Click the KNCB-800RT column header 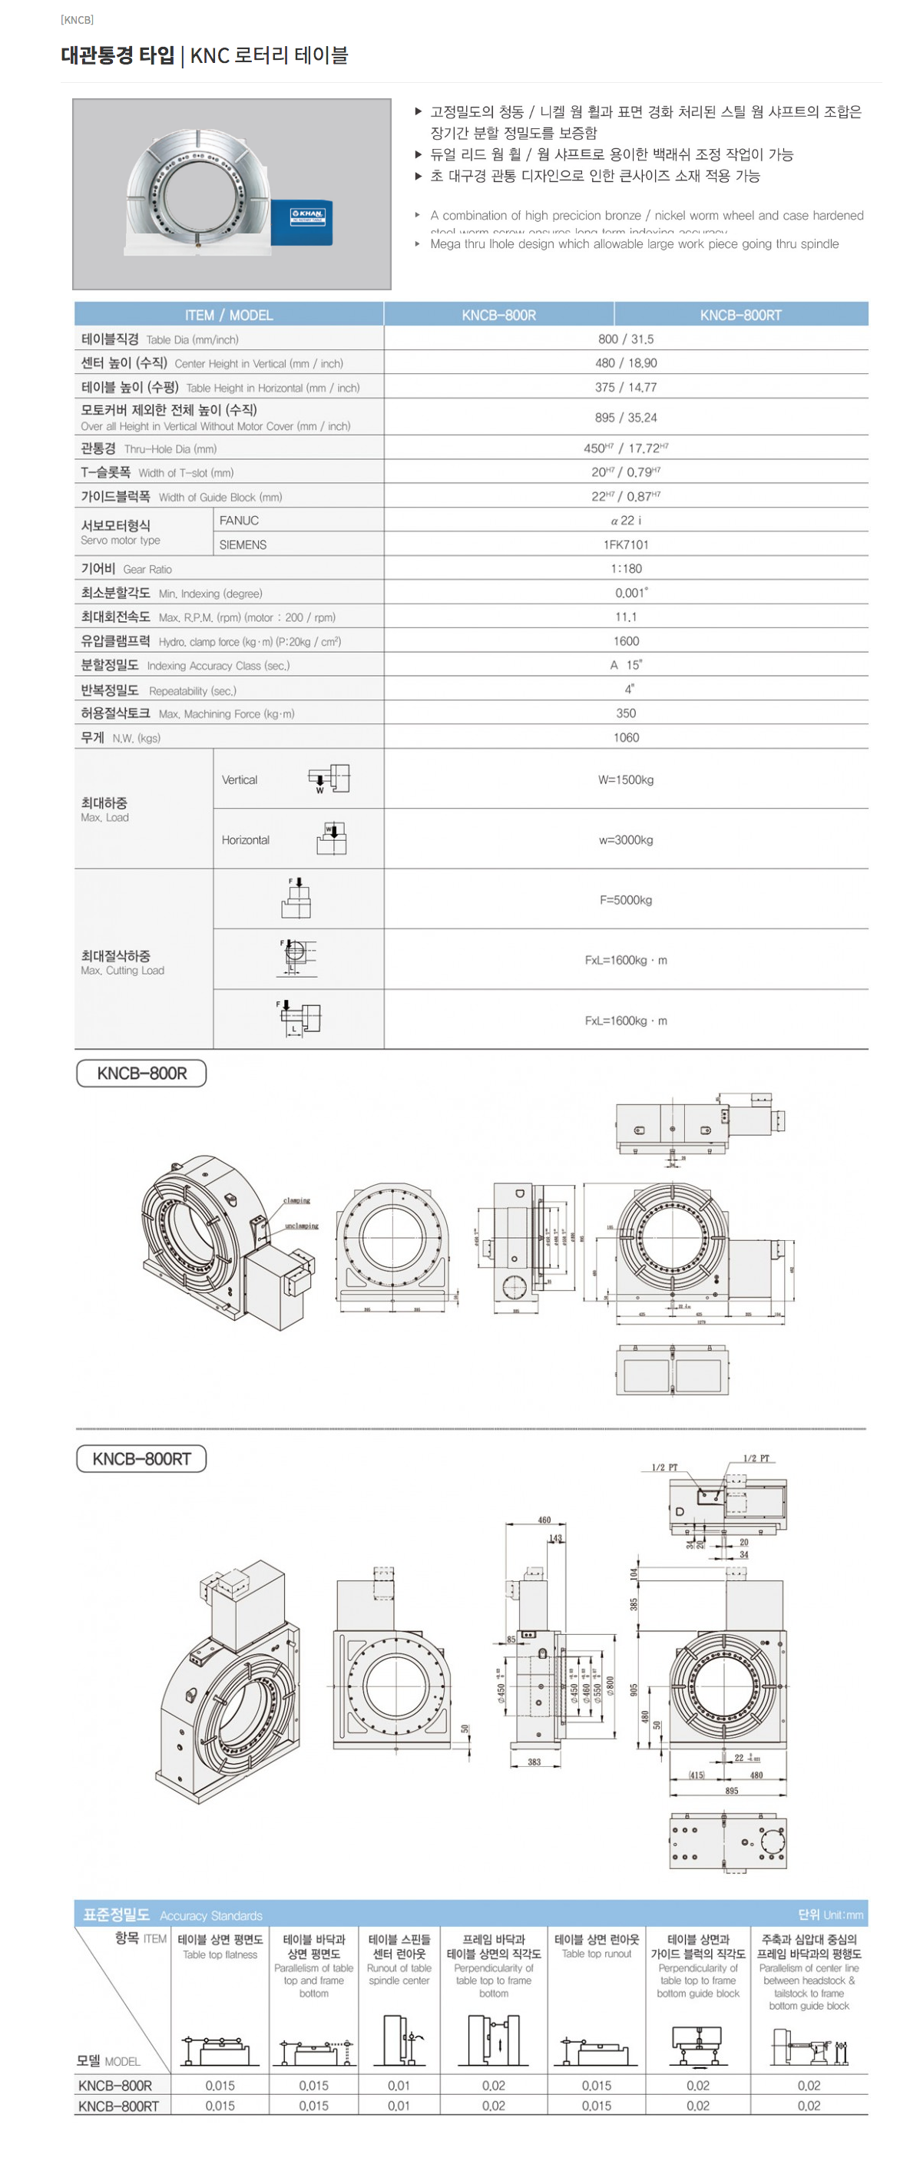(x=740, y=315)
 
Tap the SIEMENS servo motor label (x=243, y=545)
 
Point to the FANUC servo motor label (x=239, y=521)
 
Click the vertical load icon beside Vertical (x=329, y=778)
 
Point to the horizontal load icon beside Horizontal (x=332, y=839)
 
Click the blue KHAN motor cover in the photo (x=302, y=223)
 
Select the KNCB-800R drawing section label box (x=142, y=1074)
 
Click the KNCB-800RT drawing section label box (x=142, y=1459)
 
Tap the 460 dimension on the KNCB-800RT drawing (x=544, y=1520)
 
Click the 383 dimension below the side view (x=534, y=1762)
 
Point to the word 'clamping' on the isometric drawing (x=296, y=1200)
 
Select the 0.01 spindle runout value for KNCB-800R (x=399, y=2086)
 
